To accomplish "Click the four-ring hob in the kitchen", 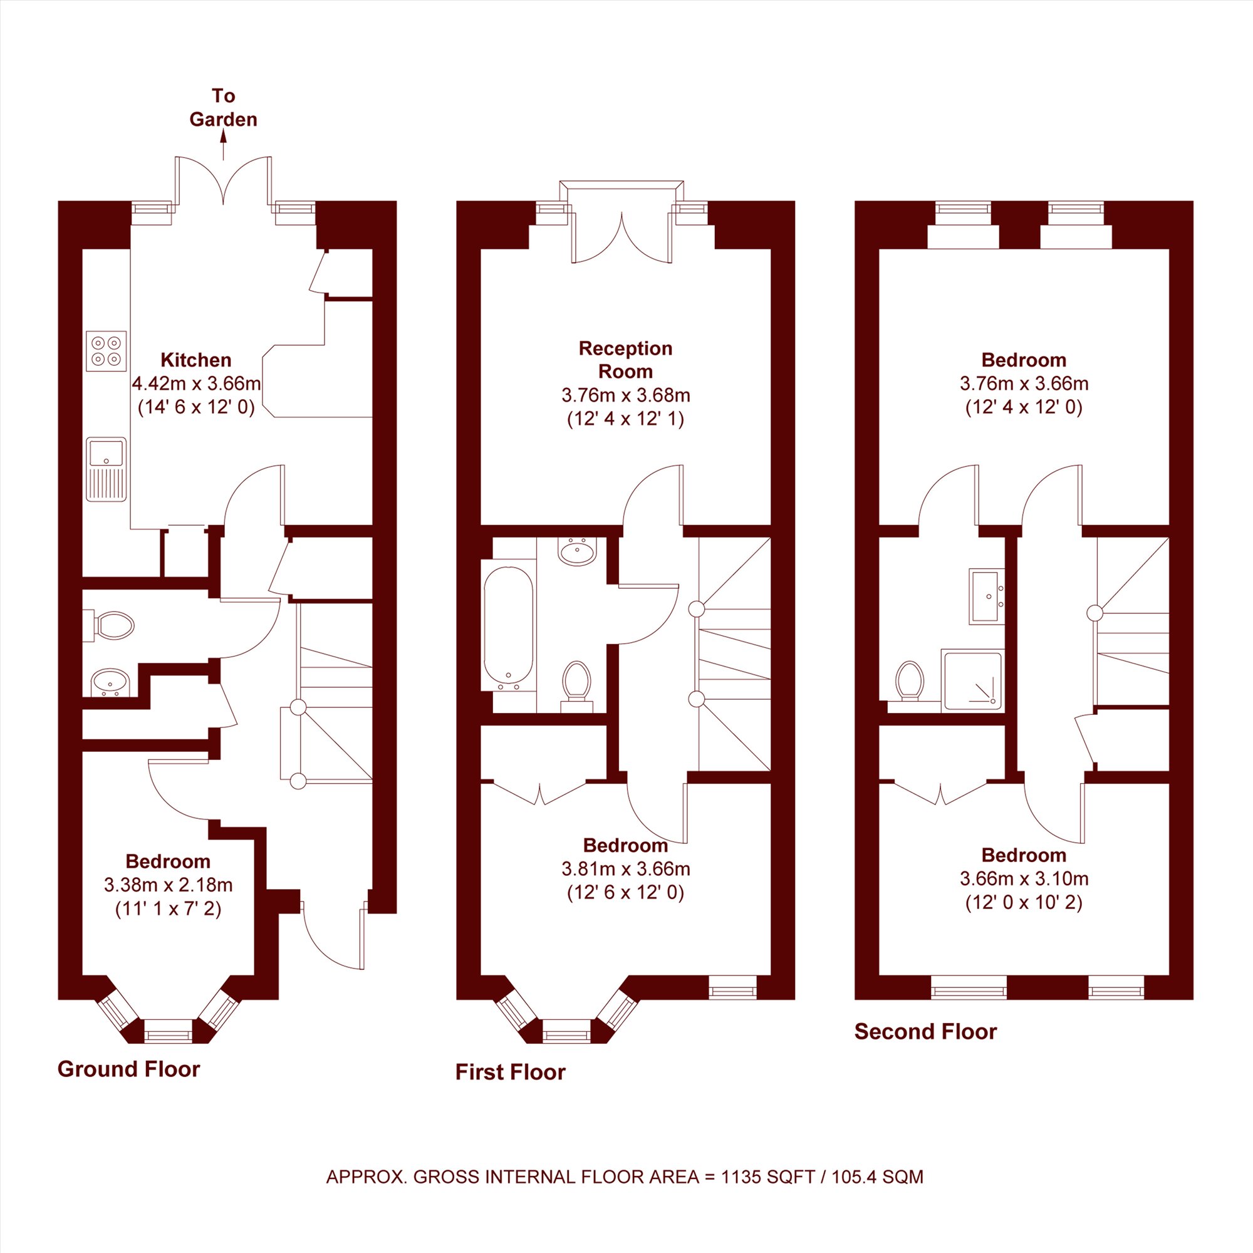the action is pyautogui.click(x=107, y=351).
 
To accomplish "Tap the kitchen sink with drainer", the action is pyautogui.click(x=107, y=469).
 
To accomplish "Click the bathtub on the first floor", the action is pyautogui.click(x=509, y=628).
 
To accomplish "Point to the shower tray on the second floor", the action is pyautogui.click(x=973, y=680).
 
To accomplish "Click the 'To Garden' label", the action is pyautogui.click(x=223, y=108).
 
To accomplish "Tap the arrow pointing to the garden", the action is pyautogui.click(x=224, y=144).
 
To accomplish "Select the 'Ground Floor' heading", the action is pyautogui.click(x=128, y=1069).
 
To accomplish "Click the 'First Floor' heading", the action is pyautogui.click(x=511, y=1072).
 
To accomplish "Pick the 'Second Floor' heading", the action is pyautogui.click(x=925, y=1031).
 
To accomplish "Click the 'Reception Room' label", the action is pyautogui.click(x=625, y=360).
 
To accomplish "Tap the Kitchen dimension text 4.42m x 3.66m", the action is pyautogui.click(x=197, y=383).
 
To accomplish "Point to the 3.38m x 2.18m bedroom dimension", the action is pyautogui.click(x=168, y=885).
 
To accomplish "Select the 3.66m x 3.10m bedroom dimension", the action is pyautogui.click(x=1024, y=879).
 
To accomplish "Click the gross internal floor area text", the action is pyautogui.click(x=625, y=1195).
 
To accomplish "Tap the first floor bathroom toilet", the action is pyautogui.click(x=576, y=686).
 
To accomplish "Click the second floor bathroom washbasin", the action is pyautogui.click(x=987, y=596).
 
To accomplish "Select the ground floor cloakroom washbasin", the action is pyautogui.click(x=111, y=683).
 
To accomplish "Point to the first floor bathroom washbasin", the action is pyautogui.click(x=576, y=552).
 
